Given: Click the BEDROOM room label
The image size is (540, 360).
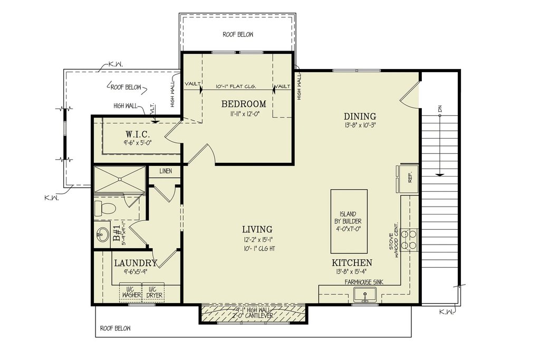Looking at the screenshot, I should (244, 104).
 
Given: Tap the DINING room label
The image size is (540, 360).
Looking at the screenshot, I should (360, 116).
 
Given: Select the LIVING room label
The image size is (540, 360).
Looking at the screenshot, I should (257, 229).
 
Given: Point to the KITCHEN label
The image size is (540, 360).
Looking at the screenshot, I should (352, 263).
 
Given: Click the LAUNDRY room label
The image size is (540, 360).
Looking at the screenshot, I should (136, 263).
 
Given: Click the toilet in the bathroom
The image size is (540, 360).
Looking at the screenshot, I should (105, 208).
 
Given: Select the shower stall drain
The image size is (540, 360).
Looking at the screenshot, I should (120, 179).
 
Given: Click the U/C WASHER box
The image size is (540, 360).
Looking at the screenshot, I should (130, 292).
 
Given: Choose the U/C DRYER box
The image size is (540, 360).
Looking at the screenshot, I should (153, 292).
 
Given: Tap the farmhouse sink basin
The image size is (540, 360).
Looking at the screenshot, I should (364, 295).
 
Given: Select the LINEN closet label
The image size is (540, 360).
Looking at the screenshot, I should (166, 171).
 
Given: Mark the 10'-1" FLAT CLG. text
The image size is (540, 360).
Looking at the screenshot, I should (237, 86).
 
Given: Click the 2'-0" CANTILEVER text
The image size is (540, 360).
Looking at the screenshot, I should (254, 316).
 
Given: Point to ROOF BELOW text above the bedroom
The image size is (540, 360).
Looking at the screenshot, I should (237, 35).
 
